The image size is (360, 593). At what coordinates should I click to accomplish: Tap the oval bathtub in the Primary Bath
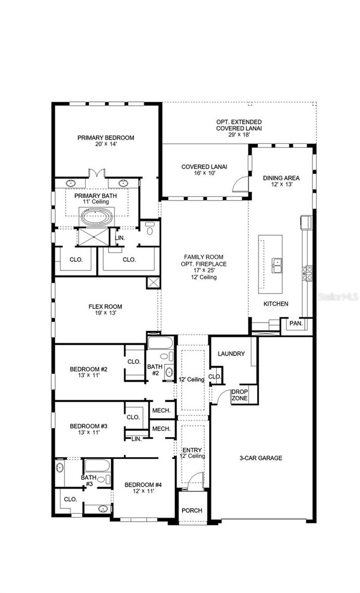pyautogui.click(x=97, y=216)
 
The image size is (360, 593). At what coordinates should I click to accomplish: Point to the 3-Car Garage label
pyautogui.click(x=261, y=458)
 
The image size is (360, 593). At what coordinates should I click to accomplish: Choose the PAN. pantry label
pyautogui.click(x=296, y=323)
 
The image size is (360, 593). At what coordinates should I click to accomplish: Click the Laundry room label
pyautogui.click(x=231, y=354)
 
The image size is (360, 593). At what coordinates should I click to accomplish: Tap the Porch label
pyautogui.click(x=192, y=510)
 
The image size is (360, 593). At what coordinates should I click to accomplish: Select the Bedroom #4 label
pyautogui.click(x=139, y=488)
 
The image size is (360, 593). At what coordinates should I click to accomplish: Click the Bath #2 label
pyautogui.click(x=153, y=370)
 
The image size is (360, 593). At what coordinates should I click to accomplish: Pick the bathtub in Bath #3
pyautogui.click(x=96, y=465)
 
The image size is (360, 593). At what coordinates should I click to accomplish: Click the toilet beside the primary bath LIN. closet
pyautogui.click(x=150, y=230)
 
